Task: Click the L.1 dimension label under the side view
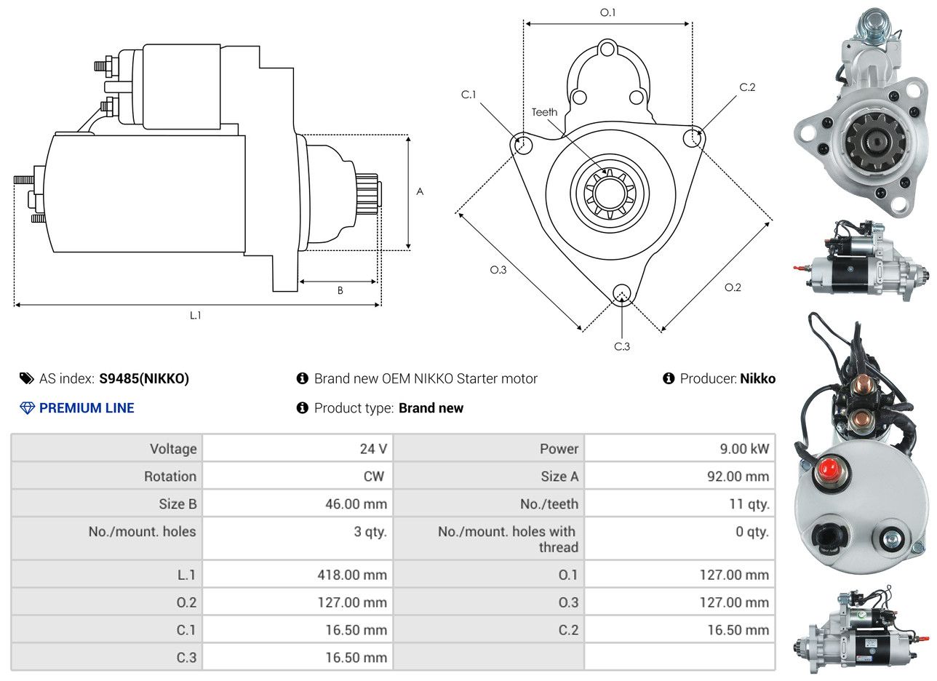point(196,316)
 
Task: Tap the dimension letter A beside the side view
point(420,191)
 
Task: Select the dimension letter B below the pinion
point(340,290)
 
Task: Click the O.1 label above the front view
point(607,12)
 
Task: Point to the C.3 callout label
point(621,346)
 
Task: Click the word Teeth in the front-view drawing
point(544,112)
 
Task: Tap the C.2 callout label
point(747,87)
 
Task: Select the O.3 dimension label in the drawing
point(498,270)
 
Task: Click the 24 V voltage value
point(373,448)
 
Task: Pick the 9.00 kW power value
point(744,448)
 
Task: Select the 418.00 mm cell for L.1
point(352,575)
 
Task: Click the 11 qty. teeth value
point(749,504)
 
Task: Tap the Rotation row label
point(170,476)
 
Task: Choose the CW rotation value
point(373,476)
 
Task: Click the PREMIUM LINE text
point(87,408)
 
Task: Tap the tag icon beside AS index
point(27,378)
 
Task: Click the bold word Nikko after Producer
point(757,378)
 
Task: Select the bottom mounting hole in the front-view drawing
point(621,292)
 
